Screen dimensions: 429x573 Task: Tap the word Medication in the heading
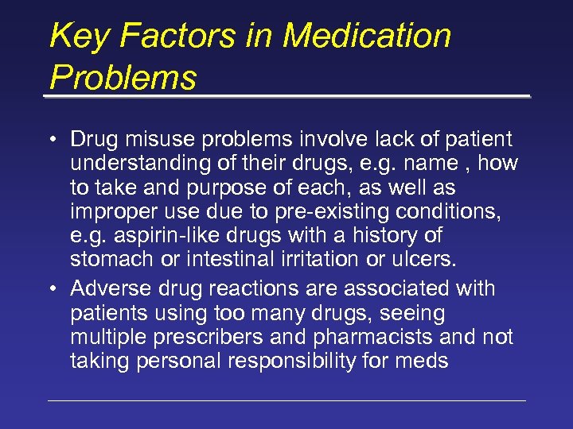(367, 37)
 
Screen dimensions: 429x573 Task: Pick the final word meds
(425, 361)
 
